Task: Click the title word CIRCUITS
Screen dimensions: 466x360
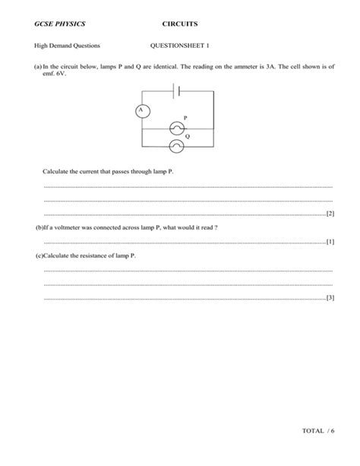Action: click(180, 25)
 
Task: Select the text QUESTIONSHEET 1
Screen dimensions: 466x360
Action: click(180, 46)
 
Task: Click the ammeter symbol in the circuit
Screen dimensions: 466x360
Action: click(140, 111)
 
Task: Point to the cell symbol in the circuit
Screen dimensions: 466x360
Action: click(176, 90)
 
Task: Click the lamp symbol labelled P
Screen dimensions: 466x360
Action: click(176, 128)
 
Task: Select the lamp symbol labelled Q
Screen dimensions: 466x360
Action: click(176, 144)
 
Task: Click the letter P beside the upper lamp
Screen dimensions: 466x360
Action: click(185, 119)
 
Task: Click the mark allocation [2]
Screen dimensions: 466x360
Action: click(329, 214)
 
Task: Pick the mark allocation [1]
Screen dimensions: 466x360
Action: click(329, 242)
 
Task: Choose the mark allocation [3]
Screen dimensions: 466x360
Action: click(329, 297)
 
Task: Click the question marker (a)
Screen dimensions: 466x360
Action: click(37, 67)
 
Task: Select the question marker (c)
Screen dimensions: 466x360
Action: click(39, 256)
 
